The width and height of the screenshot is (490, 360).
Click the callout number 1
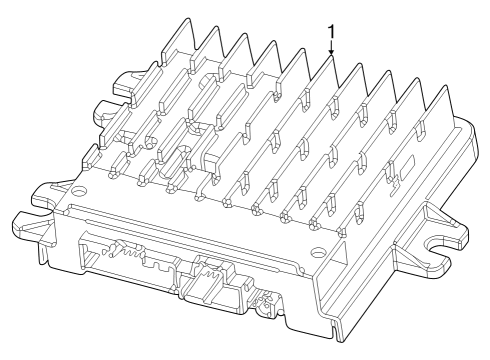point(331,32)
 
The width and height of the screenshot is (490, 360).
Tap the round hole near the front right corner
point(317,250)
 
